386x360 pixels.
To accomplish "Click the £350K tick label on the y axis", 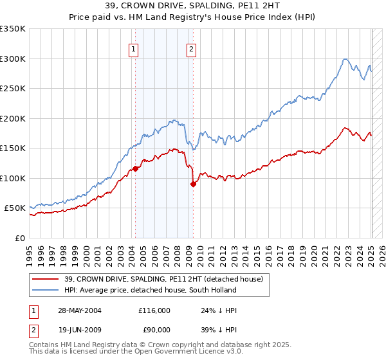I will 13,29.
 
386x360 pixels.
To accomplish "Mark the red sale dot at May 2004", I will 136,168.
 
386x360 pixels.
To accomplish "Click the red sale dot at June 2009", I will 193,184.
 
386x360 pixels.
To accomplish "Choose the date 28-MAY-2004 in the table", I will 80,310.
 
